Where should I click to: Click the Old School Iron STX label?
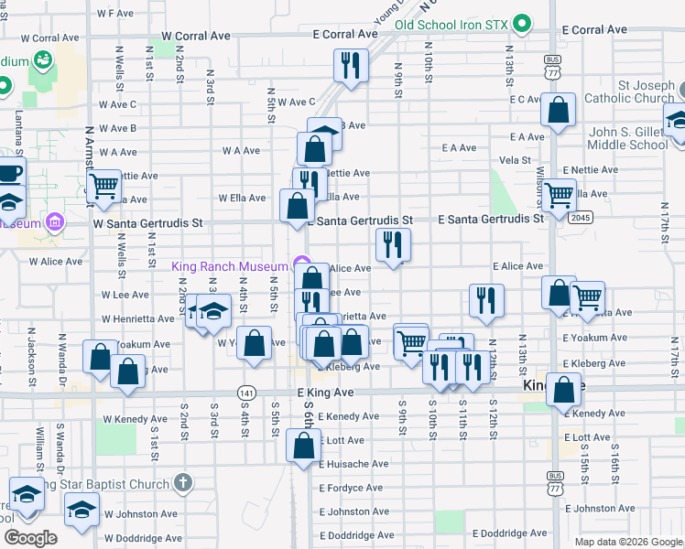point(452,24)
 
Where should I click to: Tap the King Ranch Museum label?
point(230,266)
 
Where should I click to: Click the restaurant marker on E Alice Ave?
point(393,244)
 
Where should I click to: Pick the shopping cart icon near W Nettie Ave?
point(104,186)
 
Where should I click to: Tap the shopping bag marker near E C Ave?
point(558,111)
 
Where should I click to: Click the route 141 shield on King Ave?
point(246,392)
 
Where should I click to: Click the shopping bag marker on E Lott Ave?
point(303,447)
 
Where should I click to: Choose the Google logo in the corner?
point(30,538)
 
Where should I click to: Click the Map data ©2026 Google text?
point(627,542)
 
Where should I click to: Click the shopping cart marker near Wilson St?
point(558,194)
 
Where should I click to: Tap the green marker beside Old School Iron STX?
point(522,23)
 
